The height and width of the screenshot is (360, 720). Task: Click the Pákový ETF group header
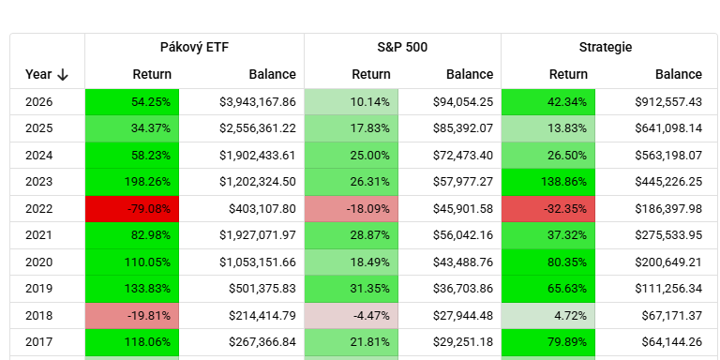click(x=194, y=47)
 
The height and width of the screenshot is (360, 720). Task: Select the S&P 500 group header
click(x=402, y=47)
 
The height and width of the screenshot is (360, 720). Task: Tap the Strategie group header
click(x=606, y=47)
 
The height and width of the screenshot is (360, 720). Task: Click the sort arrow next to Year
click(x=63, y=74)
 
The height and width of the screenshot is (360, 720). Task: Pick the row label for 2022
click(x=39, y=209)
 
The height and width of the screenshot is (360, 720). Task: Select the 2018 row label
click(x=39, y=316)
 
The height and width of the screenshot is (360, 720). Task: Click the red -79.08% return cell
click(x=132, y=209)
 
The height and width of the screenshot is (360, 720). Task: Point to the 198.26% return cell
click(x=132, y=182)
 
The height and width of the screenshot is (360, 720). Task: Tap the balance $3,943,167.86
click(x=258, y=102)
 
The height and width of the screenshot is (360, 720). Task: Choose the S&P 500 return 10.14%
click(x=352, y=102)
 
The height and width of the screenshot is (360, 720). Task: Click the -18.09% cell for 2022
click(x=352, y=209)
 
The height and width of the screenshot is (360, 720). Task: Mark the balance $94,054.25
click(x=463, y=102)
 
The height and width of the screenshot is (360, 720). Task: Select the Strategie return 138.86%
click(x=548, y=182)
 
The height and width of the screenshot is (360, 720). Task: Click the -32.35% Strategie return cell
click(x=548, y=209)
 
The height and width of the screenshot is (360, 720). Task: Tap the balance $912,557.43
click(x=668, y=102)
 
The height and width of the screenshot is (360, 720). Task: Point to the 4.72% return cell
click(x=548, y=316)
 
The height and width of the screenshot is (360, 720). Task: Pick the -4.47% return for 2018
click(x=352, y=316)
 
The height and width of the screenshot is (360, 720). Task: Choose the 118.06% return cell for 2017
click(x=132, y=342)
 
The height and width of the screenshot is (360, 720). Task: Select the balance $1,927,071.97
click(x=258, y=235)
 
